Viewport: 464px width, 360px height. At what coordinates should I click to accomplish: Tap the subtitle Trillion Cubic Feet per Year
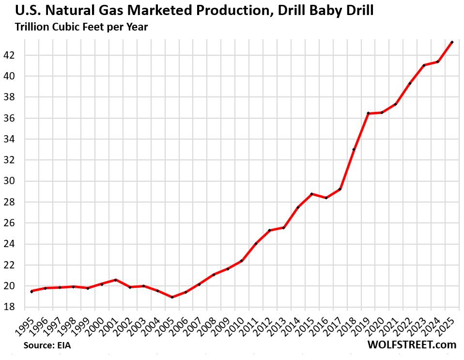point(81,27)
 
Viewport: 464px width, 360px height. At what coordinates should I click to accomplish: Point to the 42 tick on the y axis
point(11,55)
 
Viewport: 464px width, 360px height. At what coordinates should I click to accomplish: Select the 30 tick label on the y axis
point(11,181)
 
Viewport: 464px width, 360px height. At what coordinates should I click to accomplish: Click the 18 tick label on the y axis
point(11,307)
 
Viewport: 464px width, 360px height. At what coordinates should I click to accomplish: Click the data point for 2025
point(452,42)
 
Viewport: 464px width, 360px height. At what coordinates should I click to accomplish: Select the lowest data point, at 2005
point(172,297)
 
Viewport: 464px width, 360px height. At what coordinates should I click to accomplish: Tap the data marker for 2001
point(115,280)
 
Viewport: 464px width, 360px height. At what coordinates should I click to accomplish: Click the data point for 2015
point(311,194)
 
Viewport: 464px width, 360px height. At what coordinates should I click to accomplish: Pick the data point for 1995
point(31,291)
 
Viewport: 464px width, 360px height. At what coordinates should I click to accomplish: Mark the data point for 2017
point(340,189)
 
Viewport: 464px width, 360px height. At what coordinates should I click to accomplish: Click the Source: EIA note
point(46,346)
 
